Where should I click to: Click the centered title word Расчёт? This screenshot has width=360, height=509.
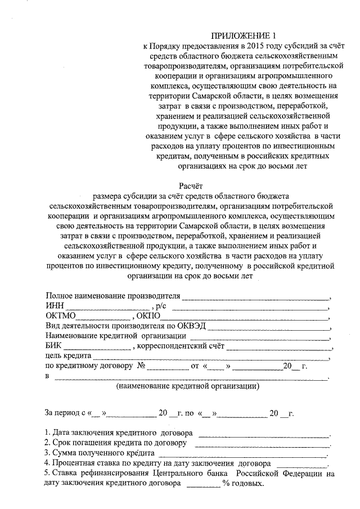(190, 185)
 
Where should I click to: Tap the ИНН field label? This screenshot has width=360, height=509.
(55, 306)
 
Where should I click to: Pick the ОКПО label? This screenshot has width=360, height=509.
(148, 316)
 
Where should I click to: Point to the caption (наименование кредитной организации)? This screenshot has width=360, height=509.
(187, 386)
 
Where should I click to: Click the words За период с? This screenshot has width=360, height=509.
(65, 413)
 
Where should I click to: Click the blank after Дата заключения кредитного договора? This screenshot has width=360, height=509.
(264, 435)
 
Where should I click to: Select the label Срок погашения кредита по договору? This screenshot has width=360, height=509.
(115, 443)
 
